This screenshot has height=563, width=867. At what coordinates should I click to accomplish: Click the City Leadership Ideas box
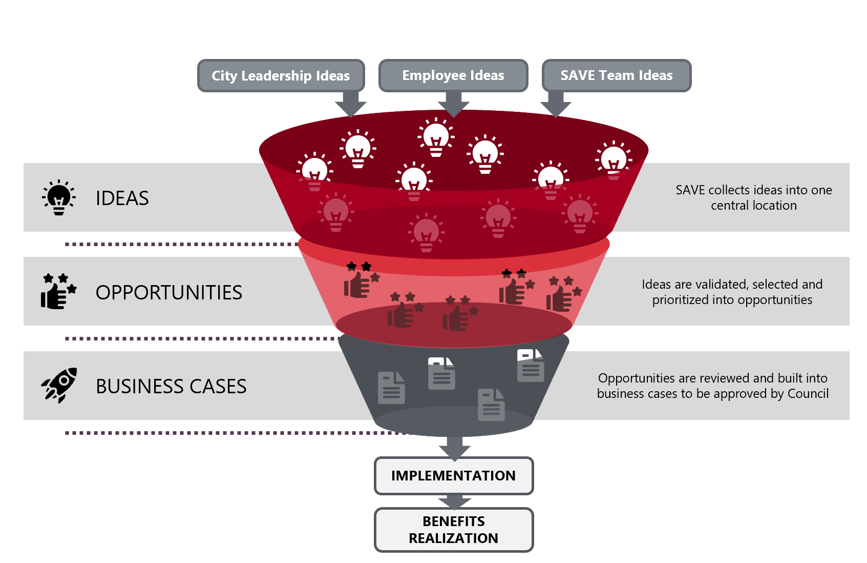point(281,76)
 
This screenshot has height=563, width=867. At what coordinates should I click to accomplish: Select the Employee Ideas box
point(453,75)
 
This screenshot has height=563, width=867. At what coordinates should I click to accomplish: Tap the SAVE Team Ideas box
point(616,75)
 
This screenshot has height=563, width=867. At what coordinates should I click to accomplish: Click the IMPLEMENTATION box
point(453,476)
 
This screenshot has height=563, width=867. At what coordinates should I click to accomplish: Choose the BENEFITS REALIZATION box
point(453,530)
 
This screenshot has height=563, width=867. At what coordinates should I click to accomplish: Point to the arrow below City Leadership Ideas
point(351,104)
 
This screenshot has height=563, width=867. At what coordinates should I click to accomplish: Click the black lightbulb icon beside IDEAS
point(59,197)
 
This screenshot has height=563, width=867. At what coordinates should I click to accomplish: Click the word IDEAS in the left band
point(122,198)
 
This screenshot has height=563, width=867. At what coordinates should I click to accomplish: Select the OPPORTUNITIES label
point(168,293)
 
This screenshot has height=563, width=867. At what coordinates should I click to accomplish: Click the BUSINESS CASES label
point(171,387)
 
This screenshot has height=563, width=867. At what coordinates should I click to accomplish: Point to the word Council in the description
point(808,394)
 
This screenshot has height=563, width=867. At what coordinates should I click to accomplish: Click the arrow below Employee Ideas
point(454,104)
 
